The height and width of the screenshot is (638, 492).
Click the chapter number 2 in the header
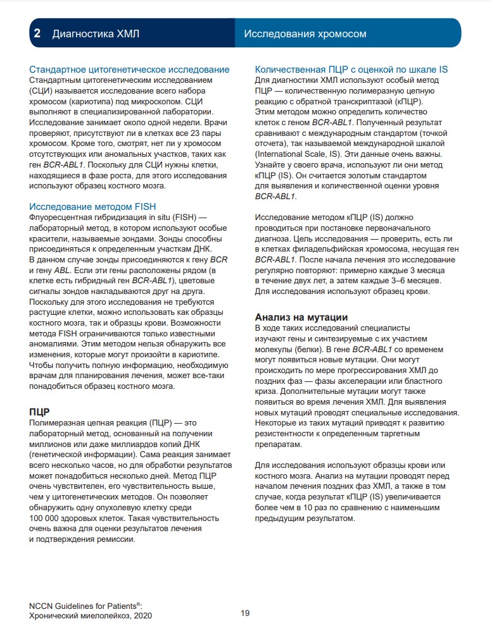coord(37,34)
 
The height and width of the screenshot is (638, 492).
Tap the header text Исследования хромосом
coord(305,34)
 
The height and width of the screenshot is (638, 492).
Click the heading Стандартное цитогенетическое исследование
coord(129,70)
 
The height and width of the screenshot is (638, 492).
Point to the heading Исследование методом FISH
coord(92,207)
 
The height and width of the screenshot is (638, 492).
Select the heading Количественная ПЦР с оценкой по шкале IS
coord(351,70)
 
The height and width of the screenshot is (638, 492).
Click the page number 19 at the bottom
coord(245,613)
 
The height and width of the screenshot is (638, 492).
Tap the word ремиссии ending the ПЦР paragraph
coord(115,540)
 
